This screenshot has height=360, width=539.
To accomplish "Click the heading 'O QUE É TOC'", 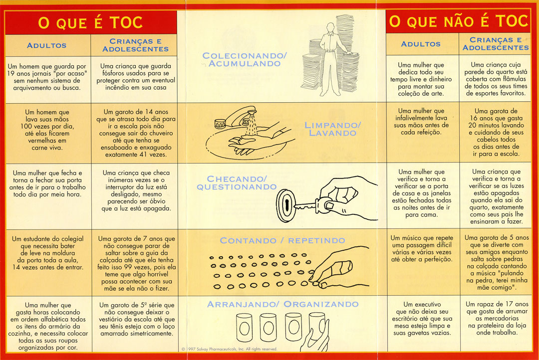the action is [x=90, y=22].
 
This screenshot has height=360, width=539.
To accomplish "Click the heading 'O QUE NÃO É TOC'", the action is [x=458, y=21].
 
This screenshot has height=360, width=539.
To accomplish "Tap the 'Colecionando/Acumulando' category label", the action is [x=245, y=59].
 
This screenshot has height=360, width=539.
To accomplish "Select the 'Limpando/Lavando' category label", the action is [x=332, y=129].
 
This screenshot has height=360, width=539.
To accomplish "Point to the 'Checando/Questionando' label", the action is [x=237, y=183].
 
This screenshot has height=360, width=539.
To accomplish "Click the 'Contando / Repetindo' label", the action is [x=282, y=240].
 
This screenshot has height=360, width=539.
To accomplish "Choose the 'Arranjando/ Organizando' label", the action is [x=282, y=304].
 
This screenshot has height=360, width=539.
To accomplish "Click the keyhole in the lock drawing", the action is [x=286, y=205].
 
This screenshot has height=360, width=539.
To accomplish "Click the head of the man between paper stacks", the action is [x=330, y=27].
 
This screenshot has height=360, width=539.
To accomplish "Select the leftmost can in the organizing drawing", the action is [x=244, y=328].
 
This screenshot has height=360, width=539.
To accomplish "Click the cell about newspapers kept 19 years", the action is [x=47, y=77].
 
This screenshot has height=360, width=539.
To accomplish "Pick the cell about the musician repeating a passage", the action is [x=421, y=248].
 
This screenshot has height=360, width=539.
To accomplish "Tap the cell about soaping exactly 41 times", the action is [x=136, y=133].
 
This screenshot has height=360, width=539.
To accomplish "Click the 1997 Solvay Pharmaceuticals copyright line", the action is [x=229, y=349].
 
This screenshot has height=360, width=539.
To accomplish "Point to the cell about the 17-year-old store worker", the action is [x=497, y=318].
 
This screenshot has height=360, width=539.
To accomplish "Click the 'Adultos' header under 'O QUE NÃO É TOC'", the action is [x=421, y=44].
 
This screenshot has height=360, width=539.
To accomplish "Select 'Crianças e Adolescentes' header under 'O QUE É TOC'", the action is [x=135, y=45].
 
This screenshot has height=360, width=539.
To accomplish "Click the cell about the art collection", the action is [x=421, y=79].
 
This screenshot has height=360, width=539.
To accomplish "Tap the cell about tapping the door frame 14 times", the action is [x=47, y=253].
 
